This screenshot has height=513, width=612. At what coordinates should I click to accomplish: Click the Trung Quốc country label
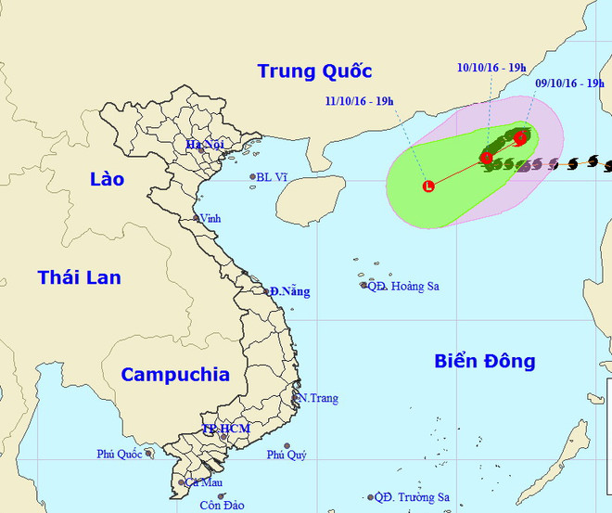314,71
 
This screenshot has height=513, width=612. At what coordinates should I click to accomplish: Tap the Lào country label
107,179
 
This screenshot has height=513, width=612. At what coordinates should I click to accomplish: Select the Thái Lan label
79,276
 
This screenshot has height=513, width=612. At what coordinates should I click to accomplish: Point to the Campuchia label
175,375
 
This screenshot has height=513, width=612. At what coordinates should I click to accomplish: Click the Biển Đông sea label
485,361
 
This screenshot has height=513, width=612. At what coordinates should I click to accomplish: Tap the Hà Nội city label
206,145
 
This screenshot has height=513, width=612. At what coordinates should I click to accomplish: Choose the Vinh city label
210,218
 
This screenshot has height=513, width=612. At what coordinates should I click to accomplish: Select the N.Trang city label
317,398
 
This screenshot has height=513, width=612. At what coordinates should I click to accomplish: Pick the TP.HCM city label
226,429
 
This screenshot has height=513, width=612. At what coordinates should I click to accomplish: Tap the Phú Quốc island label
120,455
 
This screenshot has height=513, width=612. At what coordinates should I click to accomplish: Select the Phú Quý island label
286,455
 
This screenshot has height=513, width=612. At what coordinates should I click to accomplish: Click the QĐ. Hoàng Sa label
403,286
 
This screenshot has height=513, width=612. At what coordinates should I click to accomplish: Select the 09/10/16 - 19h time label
570,83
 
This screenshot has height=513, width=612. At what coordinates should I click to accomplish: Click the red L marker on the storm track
427,186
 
